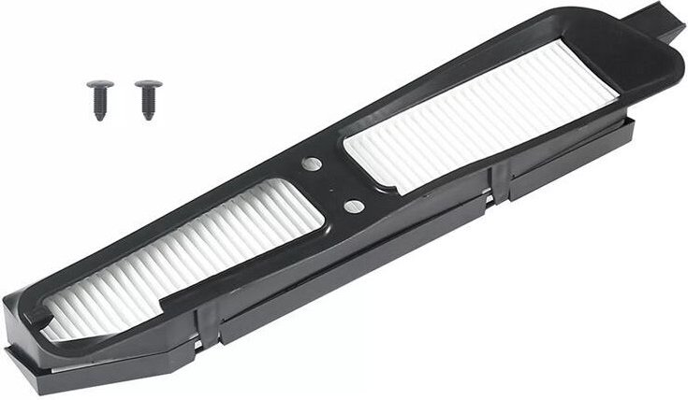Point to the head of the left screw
pyautogui.click(x=96, y=87)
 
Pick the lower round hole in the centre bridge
pyautogui.click(x=352, y=204)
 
